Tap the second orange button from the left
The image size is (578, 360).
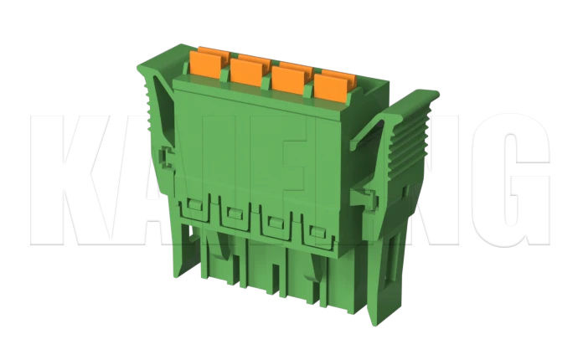(246, 69)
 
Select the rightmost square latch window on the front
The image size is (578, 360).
(317, 234)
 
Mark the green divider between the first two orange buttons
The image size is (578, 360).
(225, 69)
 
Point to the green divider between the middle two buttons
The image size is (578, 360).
(267, 77)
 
